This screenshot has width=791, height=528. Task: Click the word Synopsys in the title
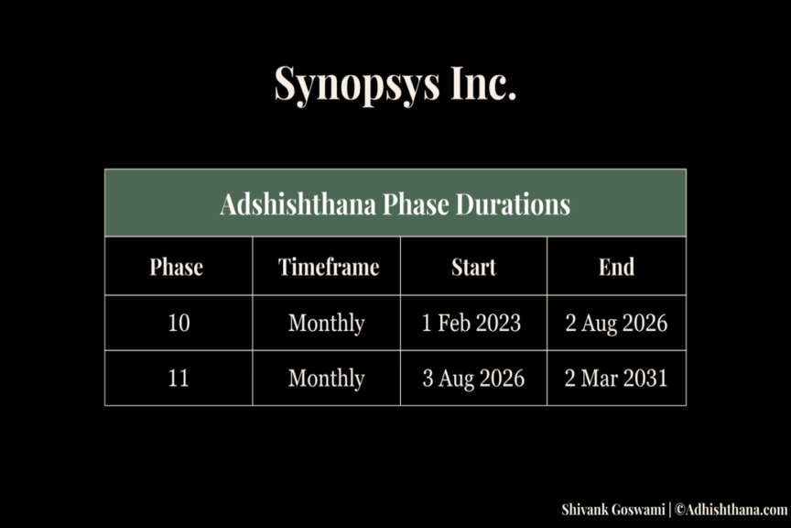coord(357,84)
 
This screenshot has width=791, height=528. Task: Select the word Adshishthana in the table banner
coord(298,204)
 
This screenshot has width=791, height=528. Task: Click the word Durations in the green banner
coord(513,204)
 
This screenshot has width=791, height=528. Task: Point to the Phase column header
coord(176,267)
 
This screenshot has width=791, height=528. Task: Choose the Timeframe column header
coord(329,267)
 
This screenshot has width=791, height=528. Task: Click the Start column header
coord(473,267)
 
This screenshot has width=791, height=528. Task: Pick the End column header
coord(616,267)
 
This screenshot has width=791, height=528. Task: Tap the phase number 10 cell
coord(179,323)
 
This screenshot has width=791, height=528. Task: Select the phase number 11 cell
coord(179,378)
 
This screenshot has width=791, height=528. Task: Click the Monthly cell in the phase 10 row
coord(327,324)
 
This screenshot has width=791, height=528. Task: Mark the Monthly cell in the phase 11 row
coord(327,379)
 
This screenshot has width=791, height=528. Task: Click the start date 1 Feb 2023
coord(471,323)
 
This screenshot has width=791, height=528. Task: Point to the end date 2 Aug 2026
coord(616,324)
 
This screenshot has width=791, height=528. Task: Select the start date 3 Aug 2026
coord(473,379)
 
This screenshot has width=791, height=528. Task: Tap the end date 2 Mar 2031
coord(616,378)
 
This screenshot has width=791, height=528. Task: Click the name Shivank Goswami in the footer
coord(612,510)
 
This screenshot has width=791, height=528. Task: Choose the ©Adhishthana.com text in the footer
coord(731,510)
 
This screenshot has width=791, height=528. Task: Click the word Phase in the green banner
coord(416,204)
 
